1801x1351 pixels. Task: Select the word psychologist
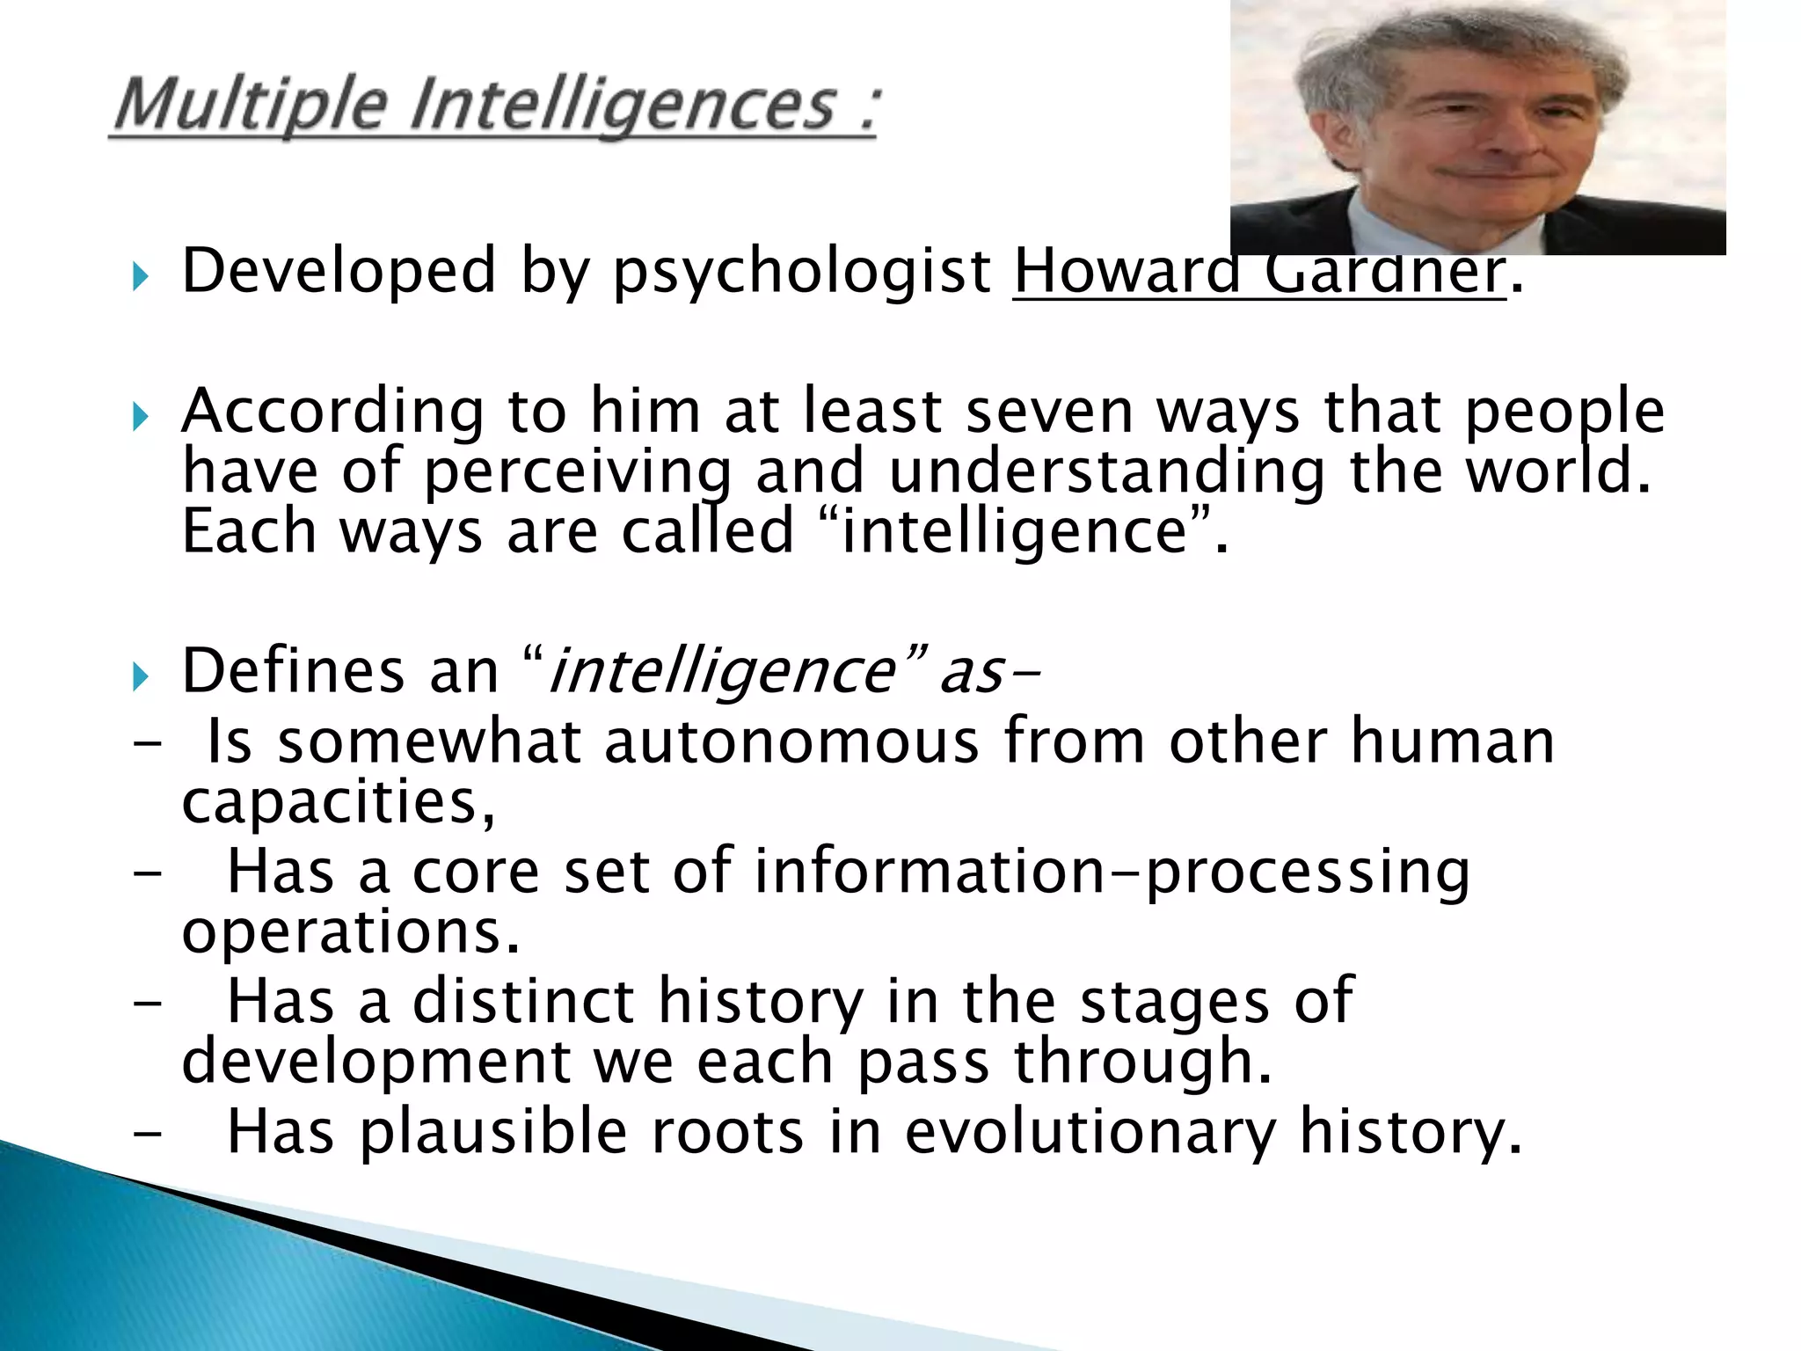[x=802, y=273]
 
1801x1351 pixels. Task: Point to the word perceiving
[x=577, y=473]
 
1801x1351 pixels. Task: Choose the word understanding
[x=1106, y=473]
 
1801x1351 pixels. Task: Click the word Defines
[x=293, y=671]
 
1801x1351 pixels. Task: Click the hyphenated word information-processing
[x=1112, y=872]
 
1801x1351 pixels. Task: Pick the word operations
[x=350, y=931]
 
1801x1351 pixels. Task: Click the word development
[x=376, y=1062]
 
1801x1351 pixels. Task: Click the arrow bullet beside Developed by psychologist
[x=140, y=277]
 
